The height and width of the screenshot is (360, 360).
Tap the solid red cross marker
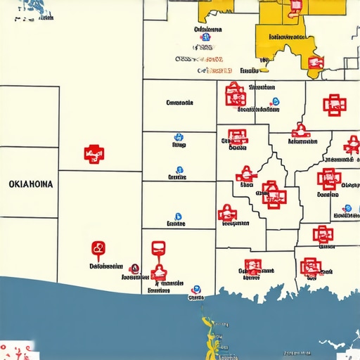92,153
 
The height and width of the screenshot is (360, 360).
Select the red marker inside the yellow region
295,6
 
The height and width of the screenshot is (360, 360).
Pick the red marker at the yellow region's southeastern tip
314,63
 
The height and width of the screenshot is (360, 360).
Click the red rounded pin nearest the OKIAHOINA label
98,248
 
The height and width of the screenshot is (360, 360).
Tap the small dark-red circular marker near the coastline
135,268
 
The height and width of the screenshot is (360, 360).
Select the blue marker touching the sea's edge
195,288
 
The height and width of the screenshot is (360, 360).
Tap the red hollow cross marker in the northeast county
335,105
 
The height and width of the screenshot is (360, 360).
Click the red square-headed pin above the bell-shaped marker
158,247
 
